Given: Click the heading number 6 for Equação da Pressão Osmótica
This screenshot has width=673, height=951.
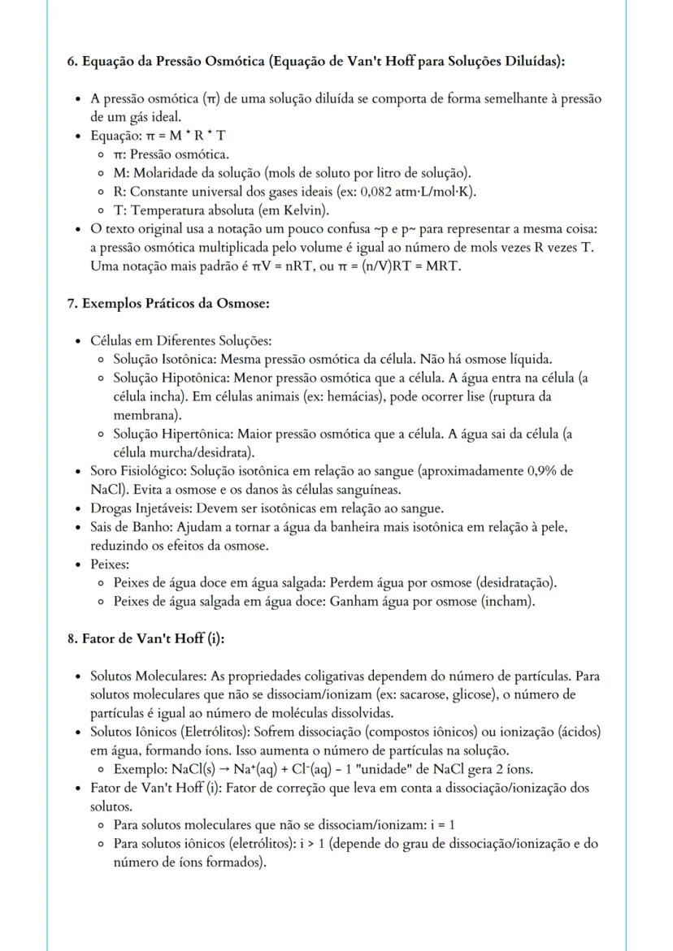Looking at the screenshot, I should coord(72,62).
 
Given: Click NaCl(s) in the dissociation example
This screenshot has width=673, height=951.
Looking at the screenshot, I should coord(193,769).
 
